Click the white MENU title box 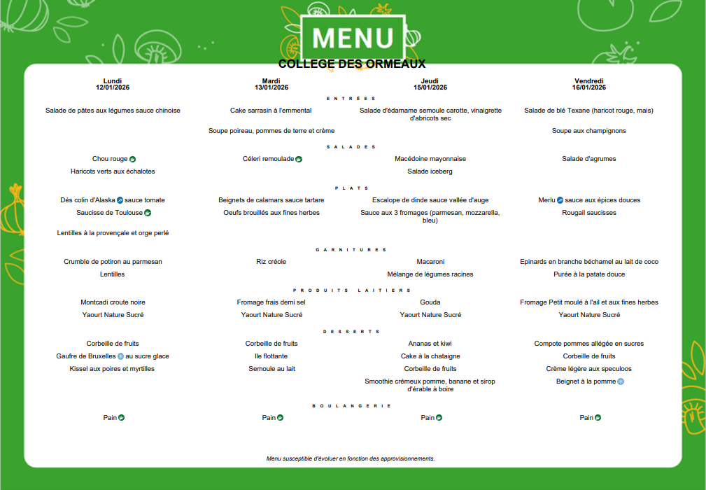click(x=353, y=37)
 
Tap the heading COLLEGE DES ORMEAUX click(x=352, y=64)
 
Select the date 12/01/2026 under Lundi click(x=113, y=87)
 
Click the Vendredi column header click(x=589, y=80)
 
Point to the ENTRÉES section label click(x=351, y=99)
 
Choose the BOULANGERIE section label click(x=351, y=406)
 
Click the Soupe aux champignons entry click(x=589, y=131)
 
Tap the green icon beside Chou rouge click(x=132, y=159)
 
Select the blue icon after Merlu click(x=560, y=200)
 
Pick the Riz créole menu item click(x=271, y=262)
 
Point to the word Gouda click(x=430, y=302)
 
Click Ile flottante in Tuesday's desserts click(x=271, y=356)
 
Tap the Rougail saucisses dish click(x=589, y=213)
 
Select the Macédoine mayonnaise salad click(x=430, y=159)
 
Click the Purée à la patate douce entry click(x=589, y=274)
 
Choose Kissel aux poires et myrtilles click(x=113, y=369)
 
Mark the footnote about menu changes click(x=351, y=459)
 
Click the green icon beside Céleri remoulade click(x=299, y=159)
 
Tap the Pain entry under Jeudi click(x=428, y=418)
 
